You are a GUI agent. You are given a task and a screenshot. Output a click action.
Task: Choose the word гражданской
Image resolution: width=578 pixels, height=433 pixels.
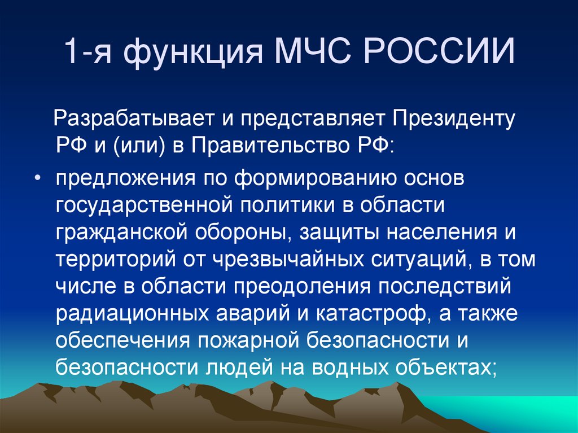pyautogui.click(x=125, y=233)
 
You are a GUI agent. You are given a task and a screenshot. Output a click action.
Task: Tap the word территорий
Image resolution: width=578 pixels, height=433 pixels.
pyautogui.click(x=116, y=260)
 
